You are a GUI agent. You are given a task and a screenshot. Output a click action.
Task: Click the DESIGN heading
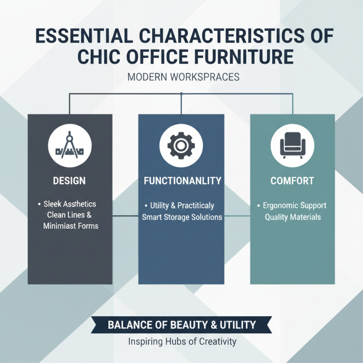tap(69, 181)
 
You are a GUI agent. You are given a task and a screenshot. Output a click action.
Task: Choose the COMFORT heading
tap(292, 181)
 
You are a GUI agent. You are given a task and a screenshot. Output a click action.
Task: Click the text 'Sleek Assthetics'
tap(73, 204)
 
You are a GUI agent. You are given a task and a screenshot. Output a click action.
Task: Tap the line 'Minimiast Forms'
tap(71, 226)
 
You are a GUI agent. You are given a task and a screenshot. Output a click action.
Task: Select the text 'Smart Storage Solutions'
tap(182, 217)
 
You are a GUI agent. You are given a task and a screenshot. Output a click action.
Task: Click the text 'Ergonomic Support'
tap(294, 206)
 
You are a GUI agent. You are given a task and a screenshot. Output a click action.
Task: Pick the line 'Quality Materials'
tap(293, 217)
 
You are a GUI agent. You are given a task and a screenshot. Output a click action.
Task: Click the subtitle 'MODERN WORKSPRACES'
tap(183, 77)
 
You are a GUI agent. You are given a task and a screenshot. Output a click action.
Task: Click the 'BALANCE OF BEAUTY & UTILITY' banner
tap(181, 325)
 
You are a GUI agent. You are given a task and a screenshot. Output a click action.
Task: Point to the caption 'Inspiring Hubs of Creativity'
tap(182, 341)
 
